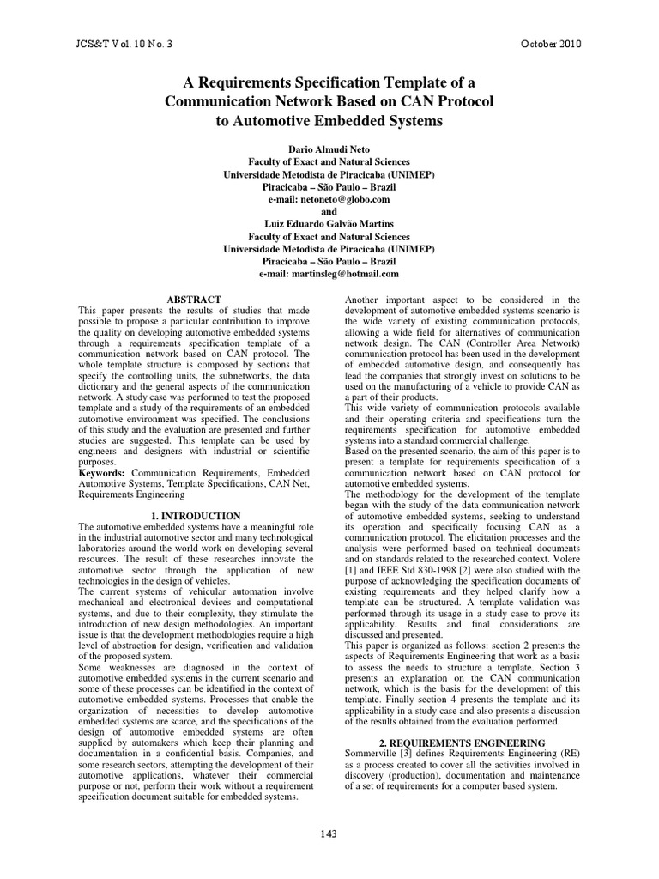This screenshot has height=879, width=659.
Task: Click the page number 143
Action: (x=329, y=834)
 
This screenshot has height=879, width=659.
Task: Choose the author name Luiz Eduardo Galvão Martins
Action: (x=329, y=224)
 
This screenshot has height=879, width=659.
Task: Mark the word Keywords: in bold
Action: (x=101, y=472)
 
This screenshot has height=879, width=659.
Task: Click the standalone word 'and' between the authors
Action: (x=329, y=211)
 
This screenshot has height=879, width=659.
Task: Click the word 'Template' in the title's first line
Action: (x=424, y=82)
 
